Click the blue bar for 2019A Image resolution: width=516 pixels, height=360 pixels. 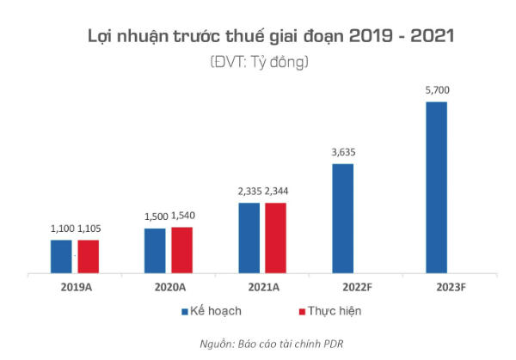click(x=61, y=256)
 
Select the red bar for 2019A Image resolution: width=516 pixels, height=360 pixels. click(x=89, y=256)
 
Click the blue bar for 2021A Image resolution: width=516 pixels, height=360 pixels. click(x=249, y=237)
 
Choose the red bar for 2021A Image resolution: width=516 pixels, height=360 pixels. click(x=276, y=237)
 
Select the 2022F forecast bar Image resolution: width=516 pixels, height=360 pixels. click(x=342, y=217)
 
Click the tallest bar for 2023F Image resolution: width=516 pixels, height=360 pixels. click(x=436, y=186)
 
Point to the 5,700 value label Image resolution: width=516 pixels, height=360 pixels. click(x=436, y=90)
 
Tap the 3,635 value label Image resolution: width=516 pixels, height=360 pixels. click(x=342, y=152)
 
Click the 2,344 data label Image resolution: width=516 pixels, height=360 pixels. click(x=279, y=192)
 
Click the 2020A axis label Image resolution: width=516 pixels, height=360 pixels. click(x=169, y=287)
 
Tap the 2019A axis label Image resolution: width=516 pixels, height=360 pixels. click(x=75, y=287)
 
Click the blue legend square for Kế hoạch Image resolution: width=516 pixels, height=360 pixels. click(x=185, y=310)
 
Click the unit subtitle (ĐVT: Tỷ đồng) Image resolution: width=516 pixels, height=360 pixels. click(x=258, y=62)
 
